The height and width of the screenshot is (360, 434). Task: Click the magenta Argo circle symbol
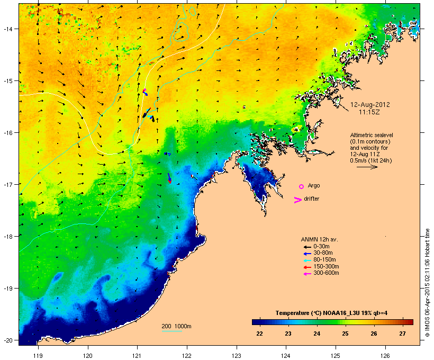[301, 186]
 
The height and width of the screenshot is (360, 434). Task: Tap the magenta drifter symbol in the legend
[297, 200]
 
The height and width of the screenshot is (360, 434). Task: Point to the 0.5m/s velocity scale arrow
[366, 167]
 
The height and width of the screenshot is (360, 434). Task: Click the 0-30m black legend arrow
[307, 246]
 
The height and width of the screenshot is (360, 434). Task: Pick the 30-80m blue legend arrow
[307, 253]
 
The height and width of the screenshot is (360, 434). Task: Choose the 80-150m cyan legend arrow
[307, 259]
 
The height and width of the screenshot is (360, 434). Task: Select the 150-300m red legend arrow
[307, 266]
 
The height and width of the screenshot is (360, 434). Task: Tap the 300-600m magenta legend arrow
[307, 273]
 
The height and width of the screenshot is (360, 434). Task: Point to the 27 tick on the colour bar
[402, 334]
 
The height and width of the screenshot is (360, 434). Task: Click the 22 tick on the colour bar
[259, 334]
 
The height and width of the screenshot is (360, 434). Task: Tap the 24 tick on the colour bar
[317, 334]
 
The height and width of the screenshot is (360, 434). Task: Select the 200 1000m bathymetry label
[176, 326]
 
